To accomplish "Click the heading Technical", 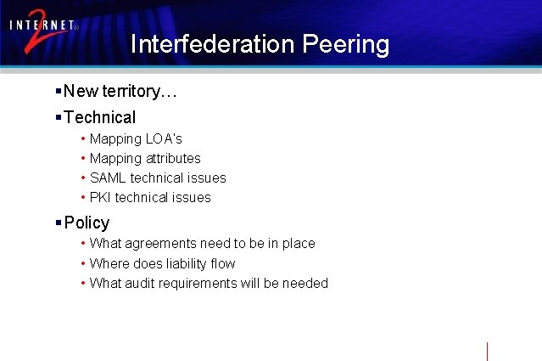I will pyautogui.click(x=99, y=117).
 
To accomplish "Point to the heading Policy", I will pyautogui.click(x=87, y=223).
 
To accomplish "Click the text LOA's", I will pyautogui.click(x=164, y=138).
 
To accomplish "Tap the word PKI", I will pyautogui.click(x=100, y=197).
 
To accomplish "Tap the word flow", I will pyautogui.click(x=223, y=263).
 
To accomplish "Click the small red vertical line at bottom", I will pyautogui.click(x=488, y=350).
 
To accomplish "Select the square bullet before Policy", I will pyautogui.click(x=57, y=223).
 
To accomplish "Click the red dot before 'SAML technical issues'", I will pyautogui.click(x=82, y=178).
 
